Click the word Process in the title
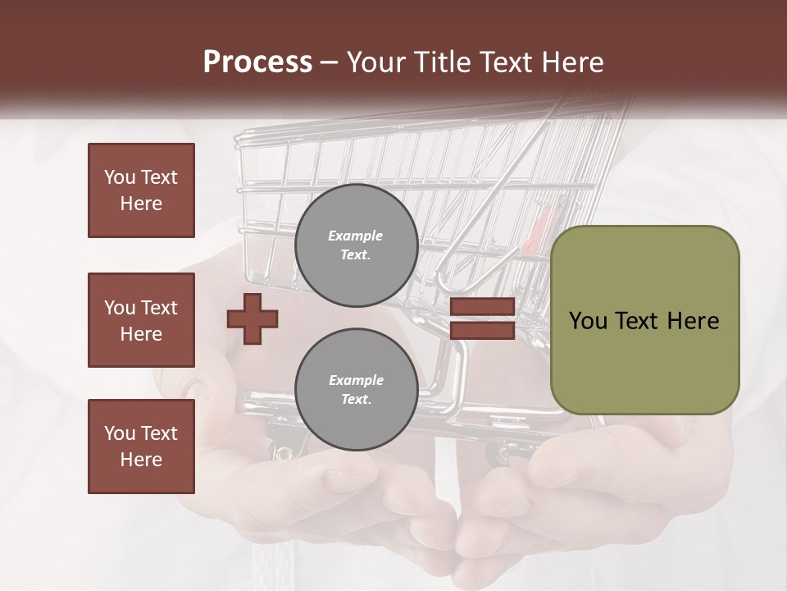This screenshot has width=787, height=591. (257, 62)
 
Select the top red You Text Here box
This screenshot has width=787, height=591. (141, 190)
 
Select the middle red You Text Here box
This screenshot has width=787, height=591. (141, 320)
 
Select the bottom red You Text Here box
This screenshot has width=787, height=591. (141, 447)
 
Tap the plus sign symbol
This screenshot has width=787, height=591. (252, 318)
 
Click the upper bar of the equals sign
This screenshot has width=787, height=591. (483, 307)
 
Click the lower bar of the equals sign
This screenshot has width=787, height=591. (483, 331)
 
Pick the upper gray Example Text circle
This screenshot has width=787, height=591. (356, 245)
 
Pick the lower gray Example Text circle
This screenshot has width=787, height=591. (356, 390)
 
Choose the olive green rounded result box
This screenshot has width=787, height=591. (644, 320)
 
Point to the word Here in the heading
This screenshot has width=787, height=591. (574, 62)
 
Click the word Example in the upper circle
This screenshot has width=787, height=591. (356, 236)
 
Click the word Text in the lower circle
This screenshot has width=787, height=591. (356, 400)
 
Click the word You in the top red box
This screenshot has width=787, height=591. (120, 177)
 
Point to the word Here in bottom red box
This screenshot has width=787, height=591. (141, 460)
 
